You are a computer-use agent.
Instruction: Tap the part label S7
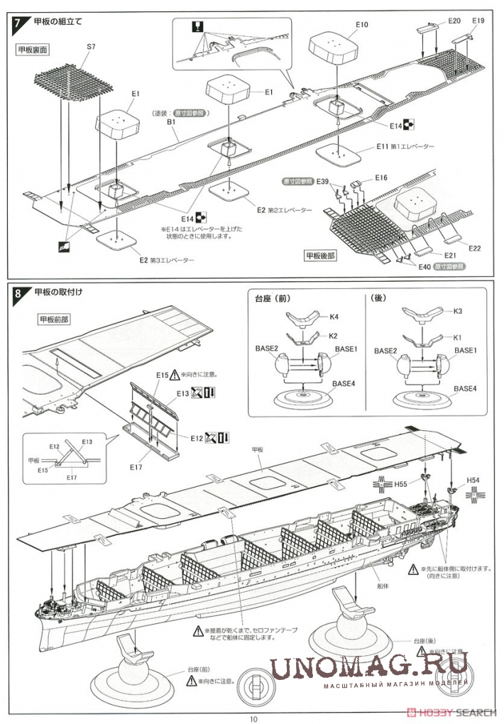point(90,47)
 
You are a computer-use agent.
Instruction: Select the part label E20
point(455,21)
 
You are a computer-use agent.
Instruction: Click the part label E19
point(478,21)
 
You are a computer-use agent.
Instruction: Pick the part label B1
point(171,122)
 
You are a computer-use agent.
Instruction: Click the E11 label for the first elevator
point(383,146)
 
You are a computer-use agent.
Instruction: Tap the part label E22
point(475,248)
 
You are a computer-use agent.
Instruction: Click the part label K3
point(458,312)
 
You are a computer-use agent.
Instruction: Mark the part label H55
point(402,484)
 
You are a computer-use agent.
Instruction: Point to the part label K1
point(458,338)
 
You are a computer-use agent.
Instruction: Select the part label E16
point(381,177)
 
